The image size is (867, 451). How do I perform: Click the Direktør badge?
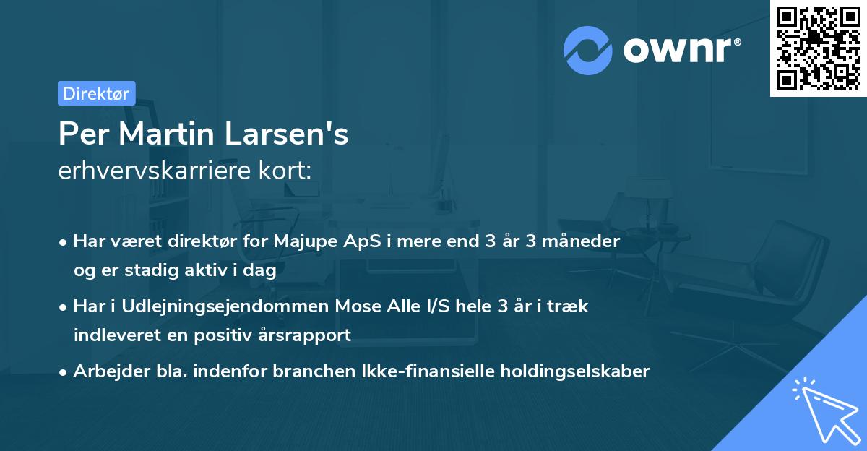tap(96, 93)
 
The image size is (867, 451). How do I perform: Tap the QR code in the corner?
tap(818, 48)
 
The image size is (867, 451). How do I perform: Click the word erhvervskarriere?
tap(149, 171)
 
